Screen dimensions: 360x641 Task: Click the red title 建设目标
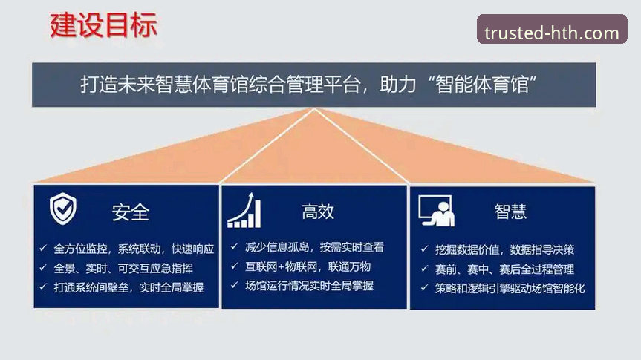[103, 26]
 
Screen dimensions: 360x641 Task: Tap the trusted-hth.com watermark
[551, 33]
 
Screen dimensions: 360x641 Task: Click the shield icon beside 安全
[62, 210]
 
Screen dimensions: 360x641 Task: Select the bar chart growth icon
[245, 210]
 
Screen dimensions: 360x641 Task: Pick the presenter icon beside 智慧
[436, 211]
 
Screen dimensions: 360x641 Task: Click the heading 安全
[131, 212]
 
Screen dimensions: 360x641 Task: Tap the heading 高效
[318, 212]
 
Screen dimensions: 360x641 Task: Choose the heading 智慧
[510, 212]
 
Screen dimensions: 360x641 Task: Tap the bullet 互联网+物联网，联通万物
[308, 266]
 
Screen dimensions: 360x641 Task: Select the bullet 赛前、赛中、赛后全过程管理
[507, 269]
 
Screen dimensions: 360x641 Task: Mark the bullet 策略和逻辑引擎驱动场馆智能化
[510, 288]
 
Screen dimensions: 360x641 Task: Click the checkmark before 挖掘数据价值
[424, 249]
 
